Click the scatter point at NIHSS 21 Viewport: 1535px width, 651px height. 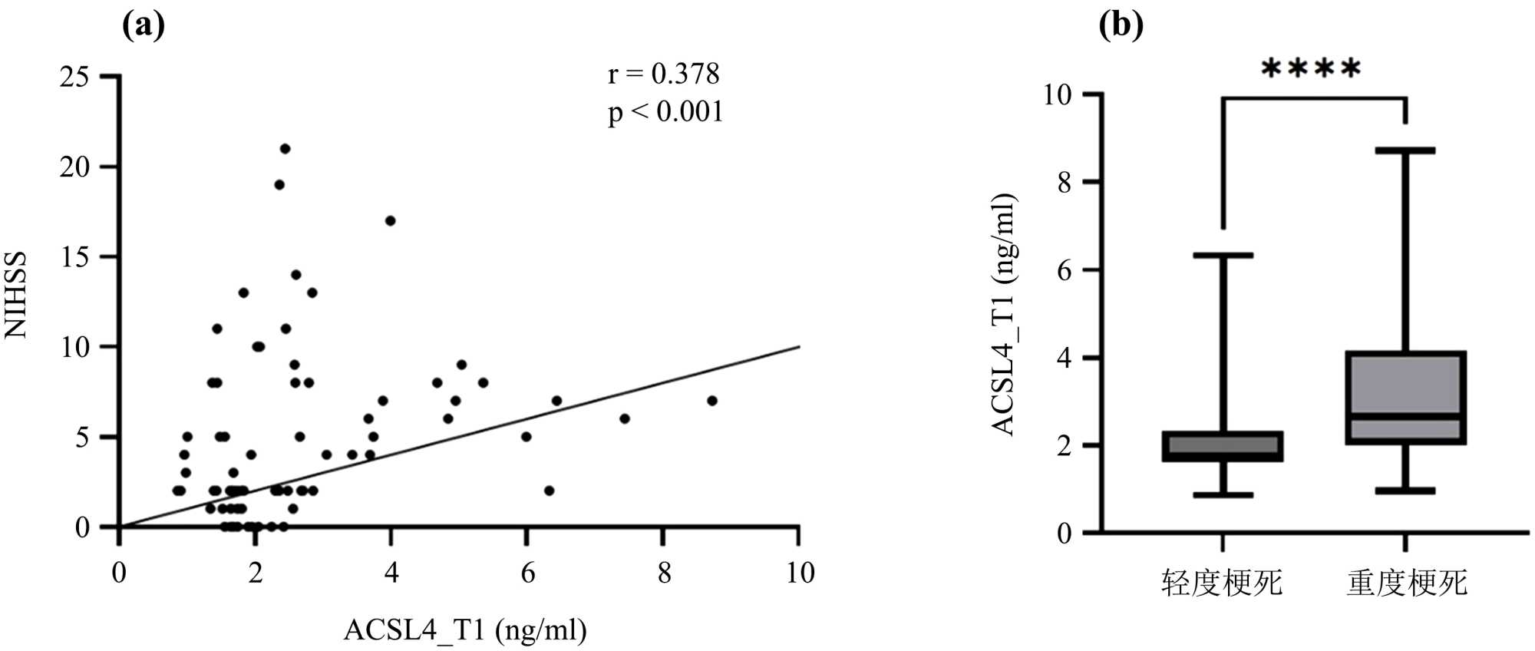pyautogui.click(x=285, y=148)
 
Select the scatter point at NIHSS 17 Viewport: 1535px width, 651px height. pyautogui.click(x=390, y=220)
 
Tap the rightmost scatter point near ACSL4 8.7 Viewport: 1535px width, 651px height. pyautogui.click(x=711, y=400)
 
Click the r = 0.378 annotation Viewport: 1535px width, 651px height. pyautogui.click(x=664, y=74)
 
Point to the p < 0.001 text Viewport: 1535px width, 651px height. pyautogui.click(x=665, y=112)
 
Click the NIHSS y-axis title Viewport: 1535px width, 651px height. pyautogui.click(x=16, y=295)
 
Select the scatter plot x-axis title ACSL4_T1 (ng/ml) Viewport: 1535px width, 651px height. pyautogui.click(x=465, y=630)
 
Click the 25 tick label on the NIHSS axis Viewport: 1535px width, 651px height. pyautogui.click(x=74, y=77)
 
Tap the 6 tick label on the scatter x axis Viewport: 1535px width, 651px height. pyautogui.click(x=527, y=573)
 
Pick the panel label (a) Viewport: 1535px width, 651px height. pyautogui.click(x=144, y=25)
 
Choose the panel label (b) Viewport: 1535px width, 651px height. pyautogui.click(x=1121, y=25)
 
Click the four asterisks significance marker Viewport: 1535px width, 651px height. pyautogui.click(x=1311, y=69)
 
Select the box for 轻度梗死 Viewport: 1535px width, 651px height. pyautogui.click(x=1223, y=446)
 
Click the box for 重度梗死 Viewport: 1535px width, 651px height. pyautogui.click(x=1405, y=398)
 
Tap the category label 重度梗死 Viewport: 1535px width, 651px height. pyautogui.click(x=1407, y=583)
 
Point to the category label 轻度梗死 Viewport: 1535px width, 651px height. pyautogui.click(x=1222, y=583)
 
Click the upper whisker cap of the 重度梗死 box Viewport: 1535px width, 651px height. pyautogui.click(x=1405, y=150)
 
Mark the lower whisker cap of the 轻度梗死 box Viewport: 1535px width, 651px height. pyautogui.click(x=1223, y=495)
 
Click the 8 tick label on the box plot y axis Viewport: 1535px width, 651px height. pyautogui.click(x=1065, y=183)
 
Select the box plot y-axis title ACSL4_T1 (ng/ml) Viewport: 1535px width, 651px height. pyautogui.click(x=1005, y=315)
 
